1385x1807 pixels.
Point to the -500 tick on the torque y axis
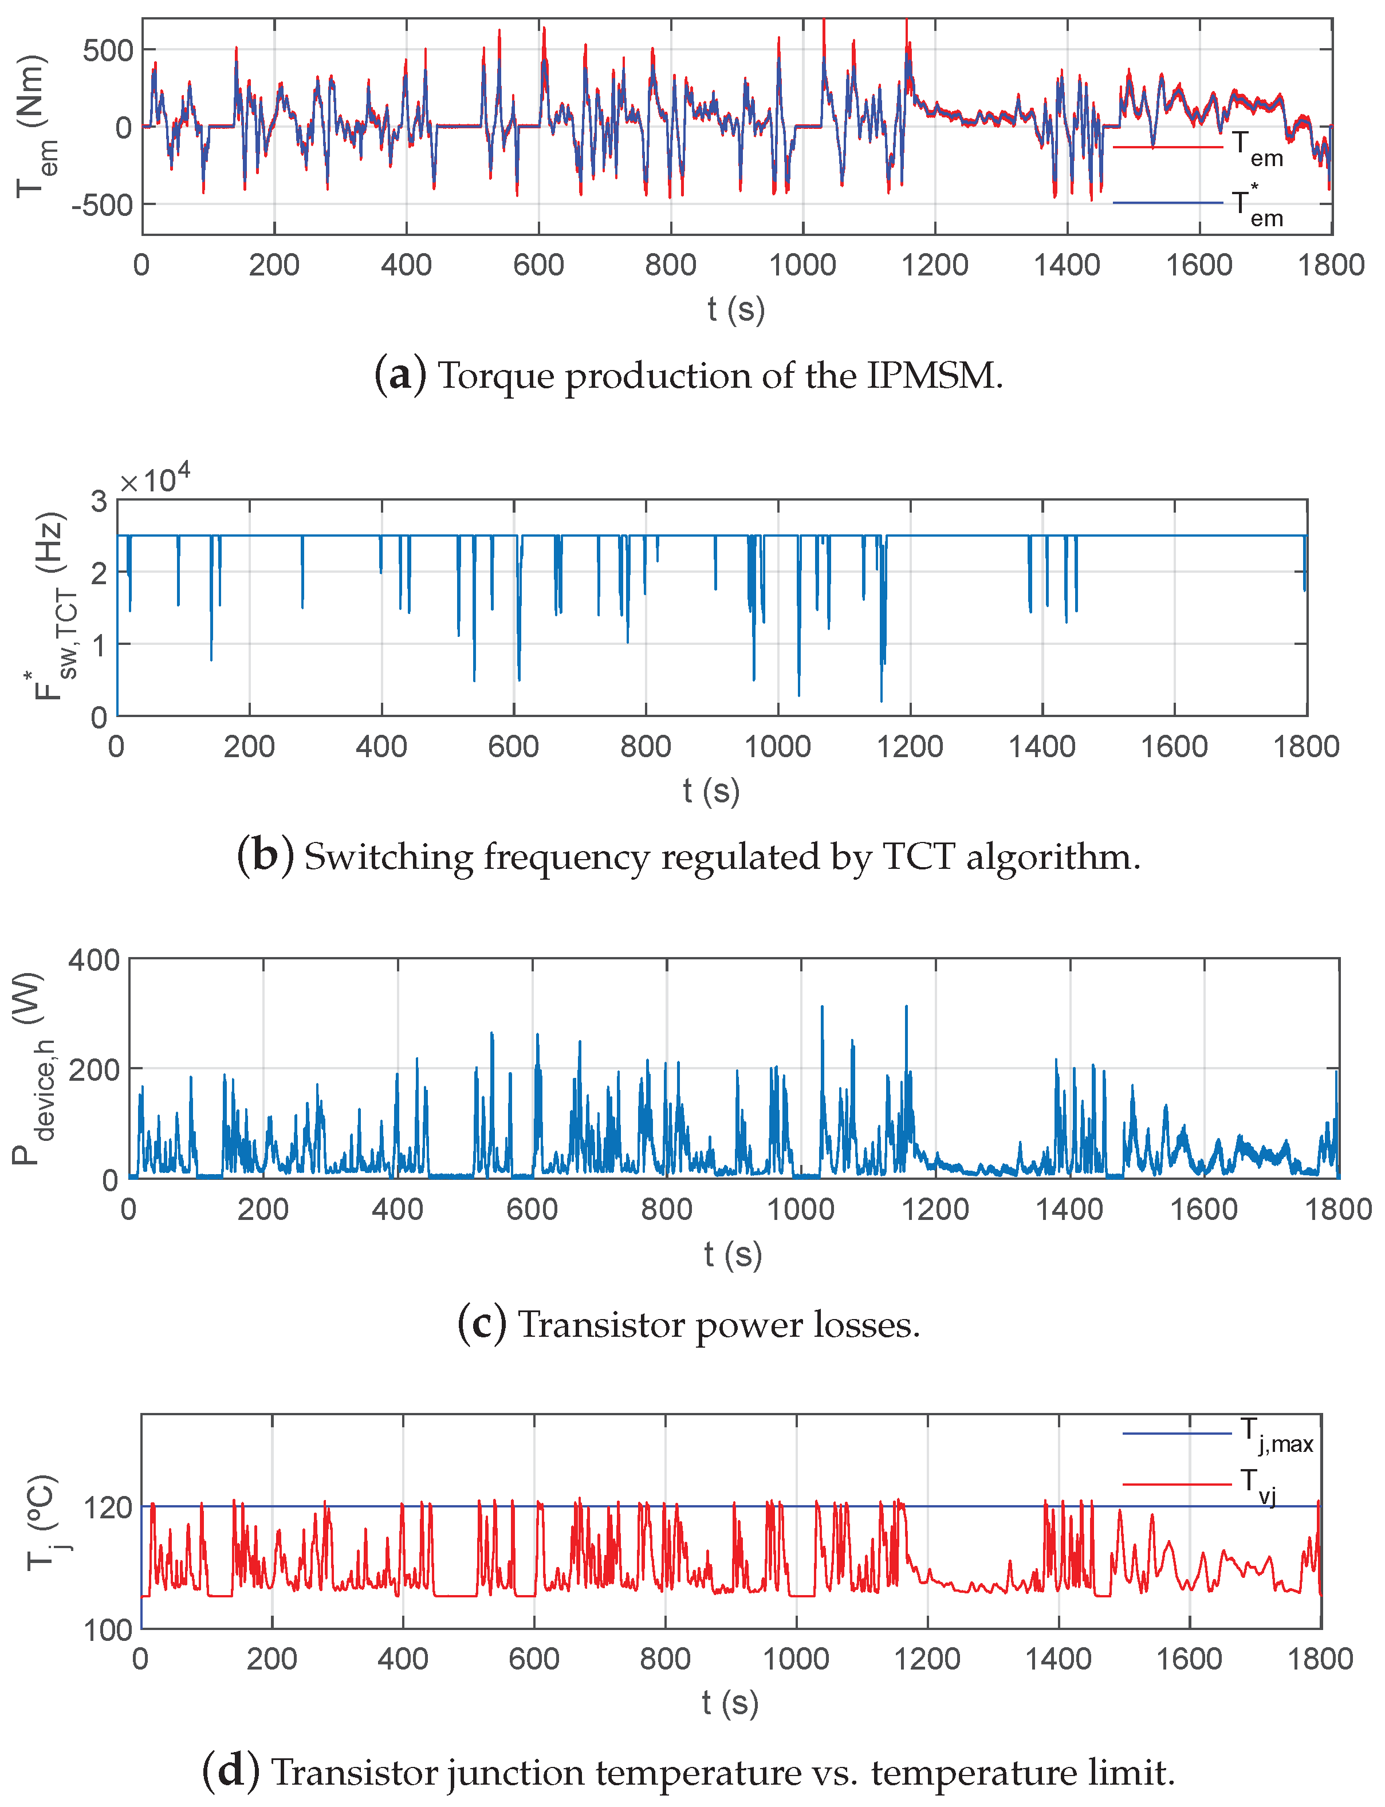[102, 204]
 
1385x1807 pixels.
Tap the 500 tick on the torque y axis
[108, 51]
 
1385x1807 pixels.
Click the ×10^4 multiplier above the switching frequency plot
[154, 479]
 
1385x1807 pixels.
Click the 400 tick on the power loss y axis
[94, 960]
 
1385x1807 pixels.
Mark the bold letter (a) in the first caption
[400, 375]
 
